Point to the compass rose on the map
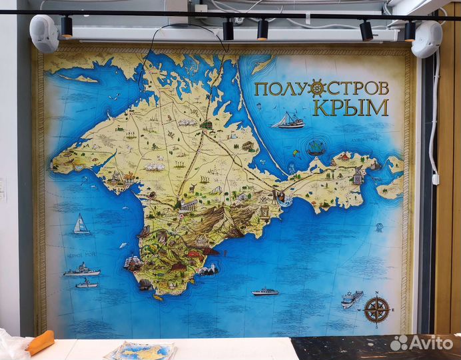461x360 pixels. pos(376,309)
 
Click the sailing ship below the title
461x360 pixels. pos(288,121)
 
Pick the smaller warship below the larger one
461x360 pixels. pos(87,283)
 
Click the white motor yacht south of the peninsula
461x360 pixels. pos(265,291)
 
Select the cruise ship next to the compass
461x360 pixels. pos(352,299)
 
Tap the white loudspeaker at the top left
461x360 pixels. pos(45,33)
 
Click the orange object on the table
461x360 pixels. pos(40,343)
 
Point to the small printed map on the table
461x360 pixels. pos(141,350)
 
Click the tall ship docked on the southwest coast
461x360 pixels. pos(131,262)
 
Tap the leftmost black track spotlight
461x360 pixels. pos(66,27)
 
